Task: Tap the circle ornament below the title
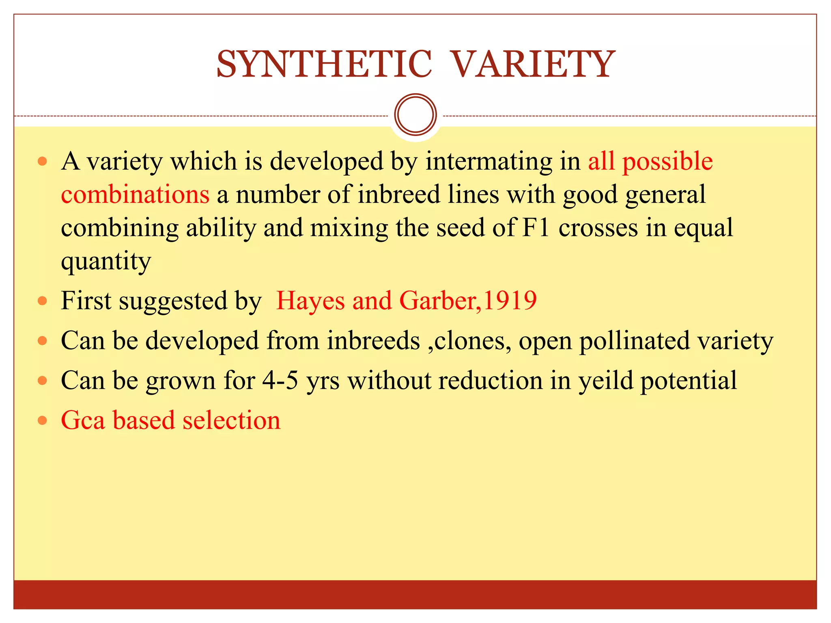pyautogui.click(x=415, y=114)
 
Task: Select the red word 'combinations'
pyautogui.click(x=135, y=194)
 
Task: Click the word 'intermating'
pyautogui.click(x=489, y=161)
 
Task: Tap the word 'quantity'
pyautogui.click(x=106, y=262)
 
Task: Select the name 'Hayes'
pyautogui.click(x=310, y=301)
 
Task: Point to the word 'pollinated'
pyautogui.click(x=634, y=341)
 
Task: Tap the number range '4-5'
pyautogui.click(x=280, y=380)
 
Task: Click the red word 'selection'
pyautogui.click(x=231, y=420)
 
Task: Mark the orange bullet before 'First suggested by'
pyautogui.click(x=42, y=301)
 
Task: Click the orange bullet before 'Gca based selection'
pyautogui.click(x=42, y=421)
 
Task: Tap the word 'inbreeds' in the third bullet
pyautogui.click(x=373, y=341)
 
